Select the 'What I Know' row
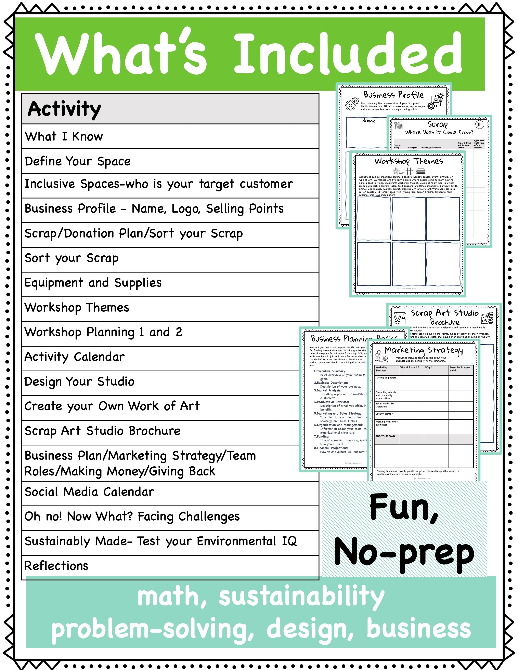click(64, 136)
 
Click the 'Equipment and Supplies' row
click(93, 283)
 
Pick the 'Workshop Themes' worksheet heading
click(409, 161)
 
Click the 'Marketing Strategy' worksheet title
click(424, 350)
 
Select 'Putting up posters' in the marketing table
click(386, 378)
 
